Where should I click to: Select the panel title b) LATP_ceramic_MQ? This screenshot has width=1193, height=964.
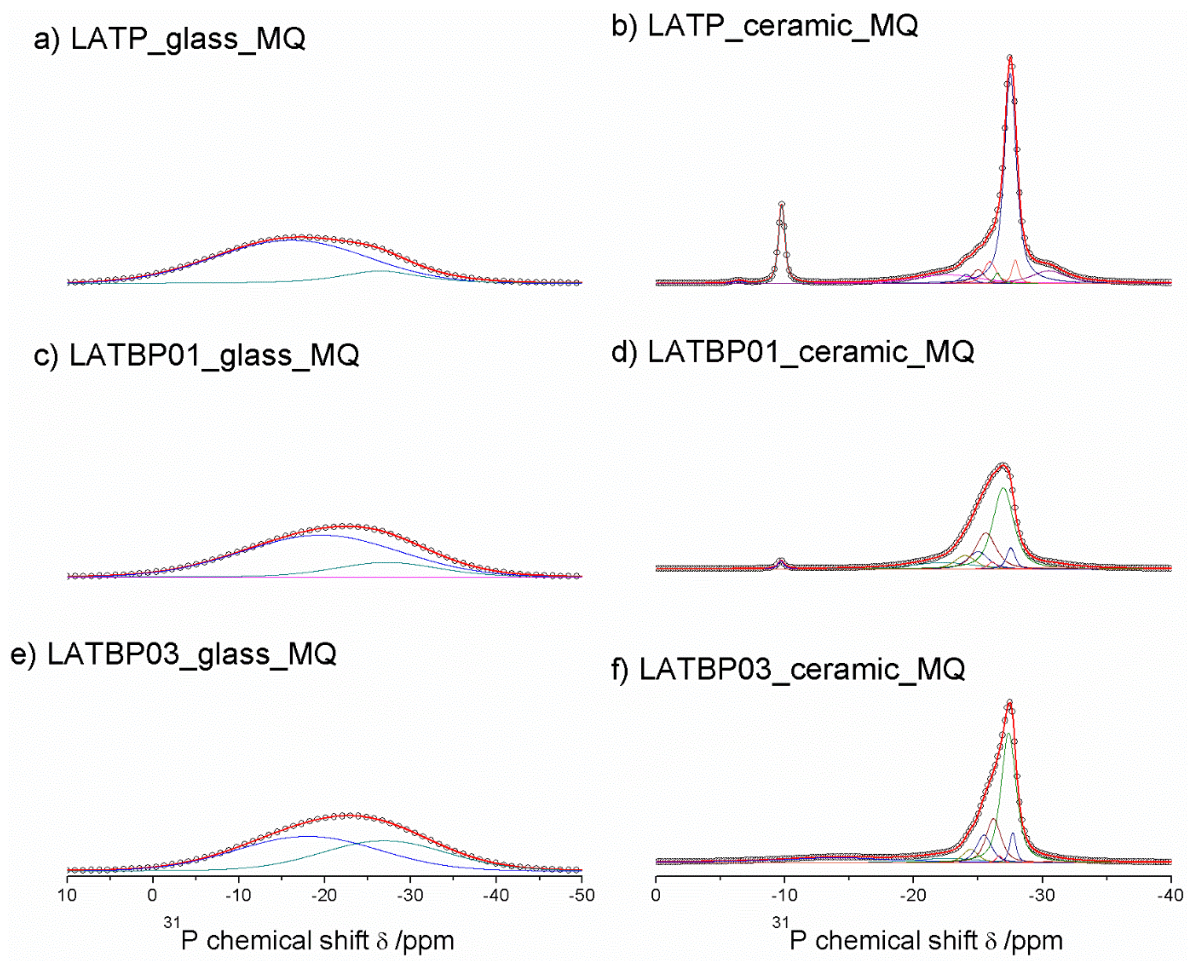(764, 26)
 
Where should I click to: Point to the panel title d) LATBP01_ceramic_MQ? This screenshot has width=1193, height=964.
(792, 352)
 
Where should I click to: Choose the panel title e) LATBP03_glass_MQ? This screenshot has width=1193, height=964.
(173, 654)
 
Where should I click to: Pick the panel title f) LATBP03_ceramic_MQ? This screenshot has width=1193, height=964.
(788, 670)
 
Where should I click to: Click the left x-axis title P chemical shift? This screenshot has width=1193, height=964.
(316, 941)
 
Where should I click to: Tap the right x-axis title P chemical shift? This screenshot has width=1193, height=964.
(925, 941)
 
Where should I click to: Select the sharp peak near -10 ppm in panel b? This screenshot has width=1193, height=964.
(782, 204)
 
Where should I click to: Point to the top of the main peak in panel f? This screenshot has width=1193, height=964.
(1010, 702)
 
